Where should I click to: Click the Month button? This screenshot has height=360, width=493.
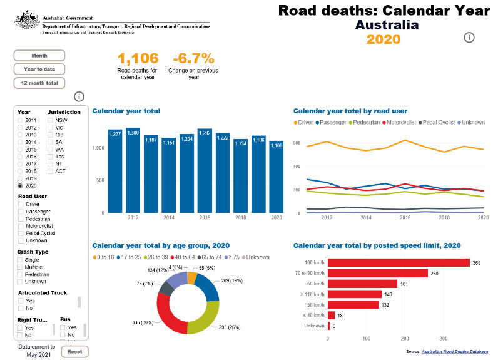pos(39,55)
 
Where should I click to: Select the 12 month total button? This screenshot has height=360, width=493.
pos(39,83)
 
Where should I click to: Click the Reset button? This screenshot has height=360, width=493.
pos(74,351)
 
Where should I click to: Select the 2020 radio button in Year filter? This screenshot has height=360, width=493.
pos(21,186)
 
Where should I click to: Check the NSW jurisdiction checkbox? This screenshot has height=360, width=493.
pos(51,120)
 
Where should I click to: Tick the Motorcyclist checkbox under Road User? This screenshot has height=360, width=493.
pos(21,226)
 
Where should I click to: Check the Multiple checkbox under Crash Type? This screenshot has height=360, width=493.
pos(21,267)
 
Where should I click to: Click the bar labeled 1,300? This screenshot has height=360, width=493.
pos(133,172)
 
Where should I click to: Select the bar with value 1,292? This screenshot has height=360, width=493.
pos(205,172)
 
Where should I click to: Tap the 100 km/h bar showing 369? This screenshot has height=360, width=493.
pos(399,263)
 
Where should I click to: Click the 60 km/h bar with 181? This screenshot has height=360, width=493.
pos(363,284)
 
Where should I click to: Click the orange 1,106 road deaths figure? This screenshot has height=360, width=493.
pos(138,59)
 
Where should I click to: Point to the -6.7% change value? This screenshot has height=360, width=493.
pos(192,59)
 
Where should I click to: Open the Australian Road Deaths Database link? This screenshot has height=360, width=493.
pos(455,352)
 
